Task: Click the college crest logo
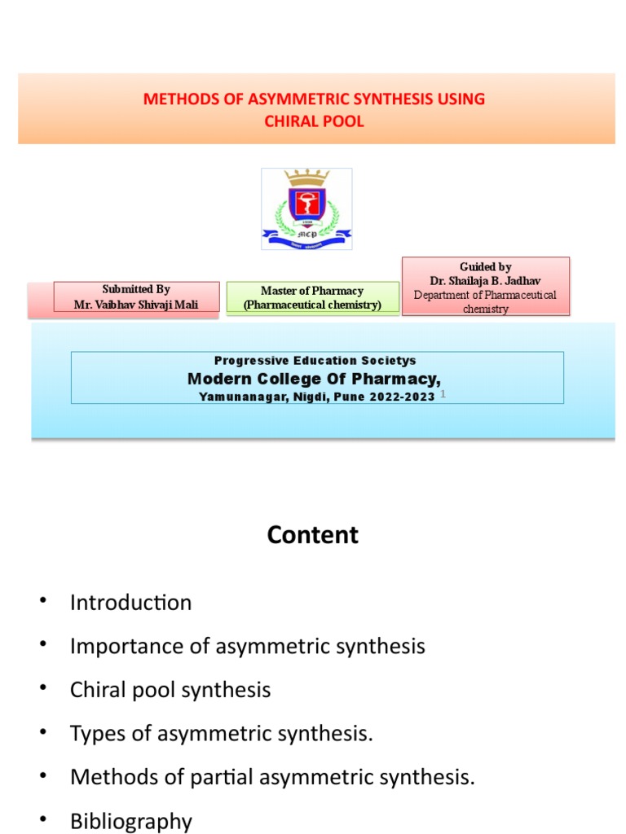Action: [x=306, y=208]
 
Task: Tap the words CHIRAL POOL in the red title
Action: [x=314, y=121]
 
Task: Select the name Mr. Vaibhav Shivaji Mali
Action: [x=136, y=304]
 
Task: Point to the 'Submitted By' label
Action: [x=136, y=289]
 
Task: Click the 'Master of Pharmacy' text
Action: [x=312, y=290]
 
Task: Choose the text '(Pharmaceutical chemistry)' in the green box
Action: [x=312, y=304]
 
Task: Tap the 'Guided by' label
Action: [x=485, y=266]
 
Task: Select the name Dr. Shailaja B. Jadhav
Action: [x=485, y=280]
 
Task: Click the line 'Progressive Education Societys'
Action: [x=315, y=360]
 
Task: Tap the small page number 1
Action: [x=443, y=394]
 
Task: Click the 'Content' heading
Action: [x=312, y=535]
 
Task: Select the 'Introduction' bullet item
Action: [x=130, y=603]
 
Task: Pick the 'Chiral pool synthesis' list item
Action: [x=170, y=690]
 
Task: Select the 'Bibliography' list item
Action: [x=130, y=821]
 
